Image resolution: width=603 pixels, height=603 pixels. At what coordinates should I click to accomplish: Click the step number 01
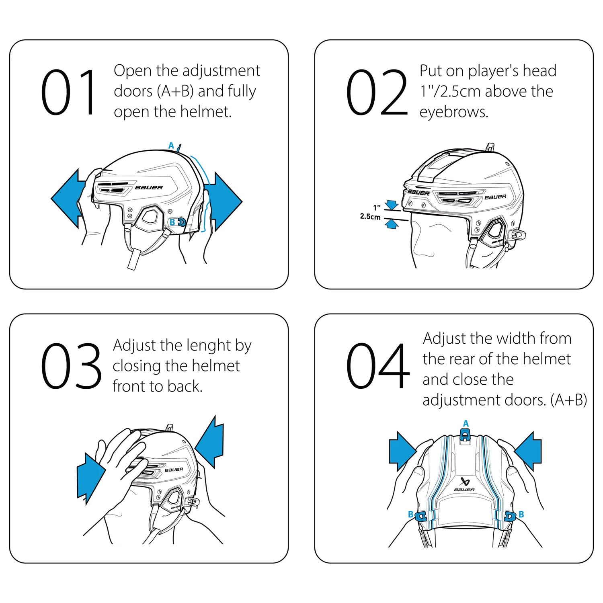pos(68,92)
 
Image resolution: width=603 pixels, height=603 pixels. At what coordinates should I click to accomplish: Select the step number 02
pos(377,92)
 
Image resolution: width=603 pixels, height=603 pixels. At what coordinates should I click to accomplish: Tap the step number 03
pos(71,366)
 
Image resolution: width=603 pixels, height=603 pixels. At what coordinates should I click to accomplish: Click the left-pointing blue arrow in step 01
pos(66,199)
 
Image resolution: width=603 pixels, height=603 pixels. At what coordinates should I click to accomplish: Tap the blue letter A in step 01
pos(171,146)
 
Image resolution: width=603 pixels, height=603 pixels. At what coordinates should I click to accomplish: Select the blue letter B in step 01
pos(172,222)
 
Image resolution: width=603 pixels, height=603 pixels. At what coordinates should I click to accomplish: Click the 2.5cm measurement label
pos(370,217)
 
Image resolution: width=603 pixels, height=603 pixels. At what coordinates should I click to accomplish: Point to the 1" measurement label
pos(377,208)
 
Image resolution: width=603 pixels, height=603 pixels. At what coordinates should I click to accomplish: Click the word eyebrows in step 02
pos(453,112)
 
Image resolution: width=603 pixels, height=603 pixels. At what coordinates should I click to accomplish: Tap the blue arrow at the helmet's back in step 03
pos(210,442)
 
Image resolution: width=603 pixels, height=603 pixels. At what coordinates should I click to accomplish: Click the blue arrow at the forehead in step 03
pos(90,478)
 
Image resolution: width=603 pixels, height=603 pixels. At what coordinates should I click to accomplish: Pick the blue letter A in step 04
pos(466,423)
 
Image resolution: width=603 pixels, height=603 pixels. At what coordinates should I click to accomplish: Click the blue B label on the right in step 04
pos(521,514)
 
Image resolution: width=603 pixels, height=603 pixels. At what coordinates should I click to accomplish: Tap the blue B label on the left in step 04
pos(410,514)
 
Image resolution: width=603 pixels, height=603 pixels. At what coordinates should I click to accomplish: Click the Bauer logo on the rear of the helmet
pos(465,484)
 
